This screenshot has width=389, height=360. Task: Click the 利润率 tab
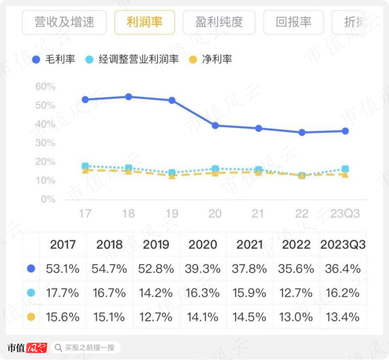point(144,22)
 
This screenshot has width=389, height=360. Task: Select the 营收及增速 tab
point(64,22)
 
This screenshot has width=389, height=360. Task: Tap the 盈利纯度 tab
point(219,22)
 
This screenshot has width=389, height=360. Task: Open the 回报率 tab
point(293,22)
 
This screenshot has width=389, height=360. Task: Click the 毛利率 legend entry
point(54,60)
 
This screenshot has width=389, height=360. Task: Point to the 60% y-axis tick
point(45,87)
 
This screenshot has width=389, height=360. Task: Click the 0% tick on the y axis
point(48,199)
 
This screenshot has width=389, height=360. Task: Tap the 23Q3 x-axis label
point(345,214)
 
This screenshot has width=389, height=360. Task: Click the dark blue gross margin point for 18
point(129,97)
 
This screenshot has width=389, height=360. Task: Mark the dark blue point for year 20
point(215,126)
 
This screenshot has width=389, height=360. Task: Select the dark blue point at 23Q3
point(345,131)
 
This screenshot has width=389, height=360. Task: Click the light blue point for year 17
point(85,166)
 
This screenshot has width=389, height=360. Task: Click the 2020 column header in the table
point(203,245)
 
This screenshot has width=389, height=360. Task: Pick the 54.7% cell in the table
point(109,269)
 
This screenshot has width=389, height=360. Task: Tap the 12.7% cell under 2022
point(295,293)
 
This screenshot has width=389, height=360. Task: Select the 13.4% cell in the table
point(343,317)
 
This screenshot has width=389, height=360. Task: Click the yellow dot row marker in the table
point(32,317)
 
